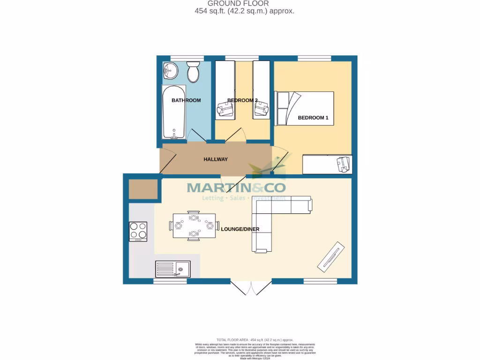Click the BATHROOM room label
point(186,100)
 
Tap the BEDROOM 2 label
point(242,100)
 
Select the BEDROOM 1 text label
point(313,118)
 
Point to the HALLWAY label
point(216,159)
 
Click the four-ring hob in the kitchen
point(138,232)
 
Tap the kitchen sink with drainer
point(172,269)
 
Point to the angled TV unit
point(332,256)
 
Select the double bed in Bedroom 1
point(305,108)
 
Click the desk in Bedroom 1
point(327,164)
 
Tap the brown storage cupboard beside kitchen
point(143,189)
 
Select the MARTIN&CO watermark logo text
point(236,187)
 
